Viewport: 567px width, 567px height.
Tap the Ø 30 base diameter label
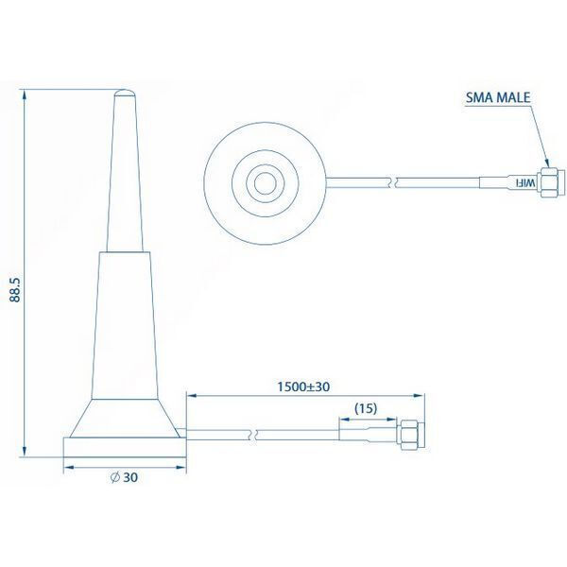pos(124,477)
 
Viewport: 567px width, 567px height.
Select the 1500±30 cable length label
pos(303,387)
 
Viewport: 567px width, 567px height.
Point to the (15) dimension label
pos(366,408)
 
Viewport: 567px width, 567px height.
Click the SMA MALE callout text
pos(498,97)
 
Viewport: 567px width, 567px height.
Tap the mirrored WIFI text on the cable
pos(524,183)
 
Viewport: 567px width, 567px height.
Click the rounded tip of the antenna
pos(125,93)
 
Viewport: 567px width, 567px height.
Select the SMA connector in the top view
pos(550,183)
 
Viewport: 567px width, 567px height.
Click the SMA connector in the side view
pos(410,435)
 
